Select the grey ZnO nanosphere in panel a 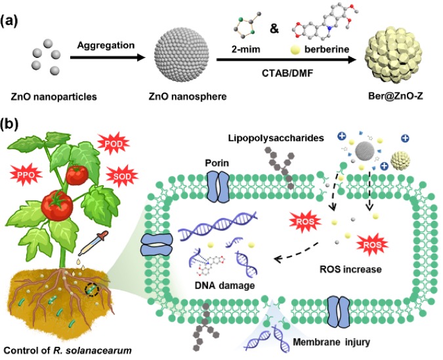(x=180, y=58)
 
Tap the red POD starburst (x=111, y=142)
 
